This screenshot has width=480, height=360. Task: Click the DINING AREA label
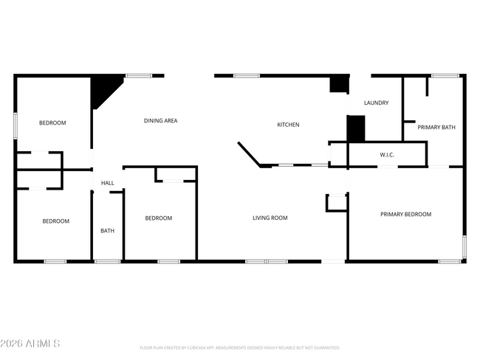pos(160,120)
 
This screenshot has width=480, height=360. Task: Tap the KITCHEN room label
pos(288,125)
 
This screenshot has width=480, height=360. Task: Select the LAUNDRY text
pos(376,103)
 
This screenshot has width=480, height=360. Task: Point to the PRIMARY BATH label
pos(436,128)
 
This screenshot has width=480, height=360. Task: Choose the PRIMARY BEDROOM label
pos(405,214)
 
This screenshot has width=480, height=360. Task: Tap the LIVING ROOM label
pos(270,218)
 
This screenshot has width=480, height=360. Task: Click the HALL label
pos(108,183)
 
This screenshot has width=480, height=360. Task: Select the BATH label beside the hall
pos(108,231)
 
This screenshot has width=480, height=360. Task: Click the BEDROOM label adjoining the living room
pos(158,218)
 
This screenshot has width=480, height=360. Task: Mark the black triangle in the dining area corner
pos(103,89)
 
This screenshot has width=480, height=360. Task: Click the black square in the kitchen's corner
pos(338,84)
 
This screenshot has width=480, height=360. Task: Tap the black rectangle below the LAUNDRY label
pos(356,128)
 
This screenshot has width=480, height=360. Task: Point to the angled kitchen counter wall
pos(249,154)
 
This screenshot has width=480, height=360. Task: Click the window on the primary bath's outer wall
pos(445,75)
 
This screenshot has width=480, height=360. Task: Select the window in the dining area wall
pos(138,75)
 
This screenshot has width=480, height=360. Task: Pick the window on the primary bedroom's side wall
pos(464,246)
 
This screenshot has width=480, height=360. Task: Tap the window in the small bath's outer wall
pos(108,261)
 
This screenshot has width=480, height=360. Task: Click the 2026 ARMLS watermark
pos(30,344)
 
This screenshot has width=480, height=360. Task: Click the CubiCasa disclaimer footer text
pos(240,347)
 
